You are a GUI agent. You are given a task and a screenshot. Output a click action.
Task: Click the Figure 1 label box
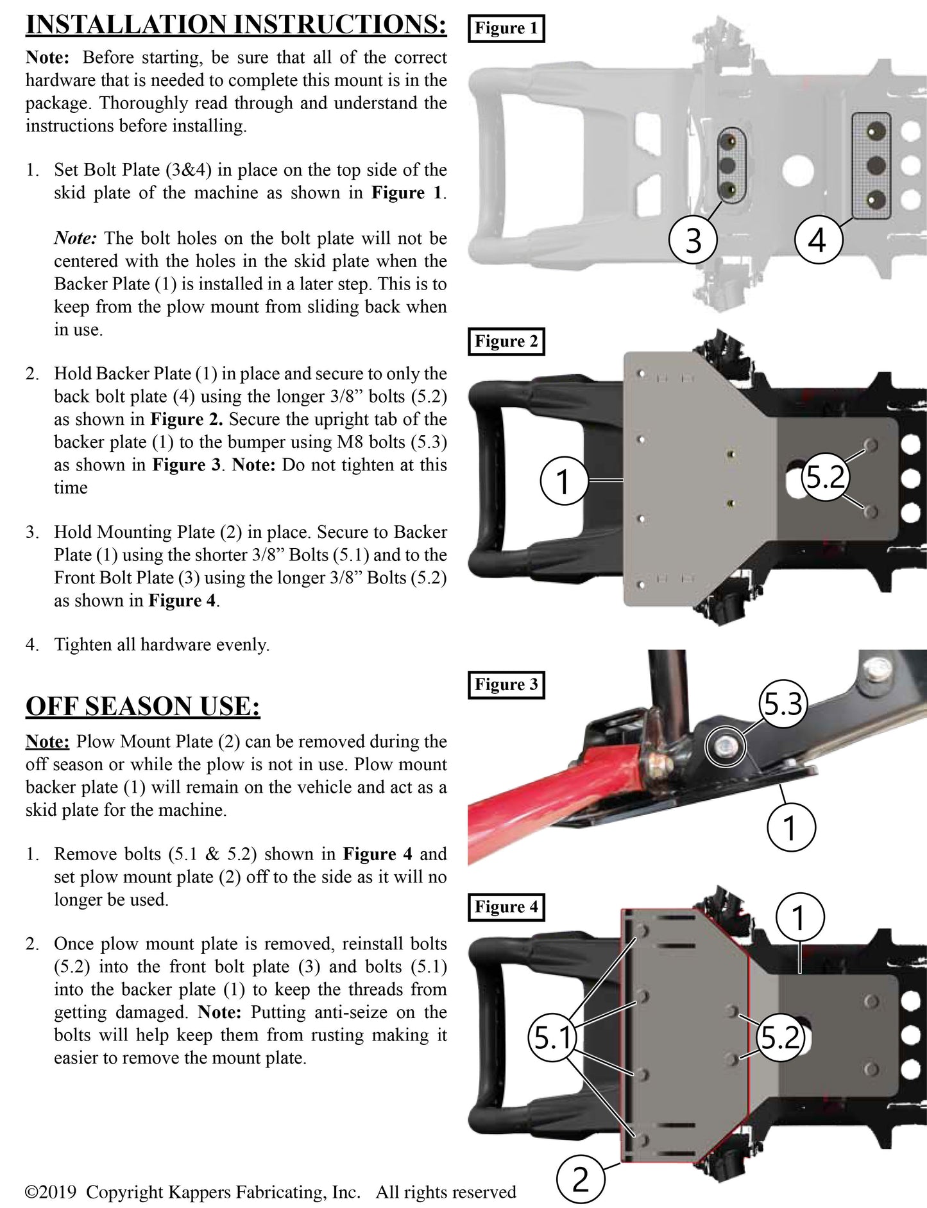[506, 28]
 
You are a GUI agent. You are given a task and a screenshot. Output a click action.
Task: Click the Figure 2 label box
[506, 341]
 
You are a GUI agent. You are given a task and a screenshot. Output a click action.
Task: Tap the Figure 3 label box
[506, 684]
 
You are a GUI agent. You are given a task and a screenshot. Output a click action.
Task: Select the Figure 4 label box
[506, 907]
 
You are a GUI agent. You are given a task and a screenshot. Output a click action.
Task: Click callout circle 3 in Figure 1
[693, 241]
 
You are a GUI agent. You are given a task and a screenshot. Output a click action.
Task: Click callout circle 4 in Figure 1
[817, 241]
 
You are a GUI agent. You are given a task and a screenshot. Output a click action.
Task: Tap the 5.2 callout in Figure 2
[825, 478]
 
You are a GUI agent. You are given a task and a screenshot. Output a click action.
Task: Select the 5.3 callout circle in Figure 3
[783, 704]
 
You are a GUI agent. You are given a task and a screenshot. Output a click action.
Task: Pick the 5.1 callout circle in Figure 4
[552, 1038]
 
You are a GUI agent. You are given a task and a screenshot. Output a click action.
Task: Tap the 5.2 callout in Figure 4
[780, 1038]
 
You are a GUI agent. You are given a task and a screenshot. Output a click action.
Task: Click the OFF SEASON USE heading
[142, 706]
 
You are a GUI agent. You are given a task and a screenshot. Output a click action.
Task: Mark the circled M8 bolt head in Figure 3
[725, 746]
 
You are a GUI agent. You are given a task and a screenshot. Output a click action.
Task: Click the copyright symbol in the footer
[31, 1193]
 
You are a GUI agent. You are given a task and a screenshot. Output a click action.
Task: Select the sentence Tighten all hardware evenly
[162, 644]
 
